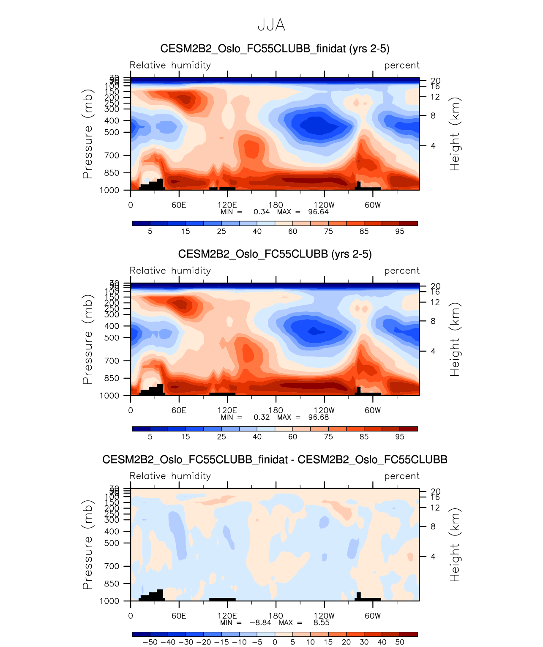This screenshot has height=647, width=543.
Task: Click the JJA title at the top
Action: click(271, 25)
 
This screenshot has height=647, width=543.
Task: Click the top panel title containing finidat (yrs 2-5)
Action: click(275, 49)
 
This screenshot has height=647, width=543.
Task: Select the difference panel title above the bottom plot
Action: click(275, 459)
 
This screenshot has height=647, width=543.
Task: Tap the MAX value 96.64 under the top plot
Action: click(318, 212)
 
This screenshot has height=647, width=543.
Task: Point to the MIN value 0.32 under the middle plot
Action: click(262, 417)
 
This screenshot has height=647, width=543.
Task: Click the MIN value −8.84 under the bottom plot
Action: click(260, 622)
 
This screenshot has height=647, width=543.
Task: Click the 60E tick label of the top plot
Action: click(179, 205)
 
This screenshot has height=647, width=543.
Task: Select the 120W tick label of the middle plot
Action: click(324, 410)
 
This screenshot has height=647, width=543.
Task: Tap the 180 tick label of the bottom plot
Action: click(276, 616)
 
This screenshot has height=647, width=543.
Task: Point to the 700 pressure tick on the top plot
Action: click(112, 156)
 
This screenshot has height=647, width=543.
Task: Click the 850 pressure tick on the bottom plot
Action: click(112, 584)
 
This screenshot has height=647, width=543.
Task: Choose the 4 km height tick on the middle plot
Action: click(433, 351)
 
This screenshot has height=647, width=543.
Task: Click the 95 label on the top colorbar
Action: click(400, 231)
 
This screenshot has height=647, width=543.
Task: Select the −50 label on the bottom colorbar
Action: click(150, 642)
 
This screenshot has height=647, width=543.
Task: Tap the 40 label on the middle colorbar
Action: click(257, 437)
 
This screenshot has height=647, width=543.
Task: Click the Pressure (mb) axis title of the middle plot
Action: click(87, 339)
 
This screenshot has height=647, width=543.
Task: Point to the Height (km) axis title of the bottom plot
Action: click(455, 545)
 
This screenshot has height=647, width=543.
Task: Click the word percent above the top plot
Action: click(402, 65)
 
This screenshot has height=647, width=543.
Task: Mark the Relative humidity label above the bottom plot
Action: click(170, 476)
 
